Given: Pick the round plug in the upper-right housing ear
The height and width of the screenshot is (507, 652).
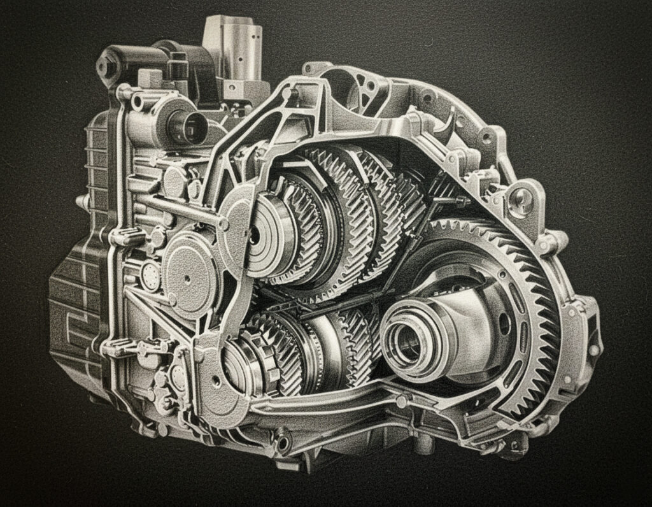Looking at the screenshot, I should (520, 199).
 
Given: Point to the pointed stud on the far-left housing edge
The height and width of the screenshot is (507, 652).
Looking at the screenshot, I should (81, 203).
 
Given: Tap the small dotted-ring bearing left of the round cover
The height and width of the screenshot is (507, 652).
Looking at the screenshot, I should (150, 276).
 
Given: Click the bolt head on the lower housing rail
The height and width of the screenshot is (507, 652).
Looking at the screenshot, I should (402, 401).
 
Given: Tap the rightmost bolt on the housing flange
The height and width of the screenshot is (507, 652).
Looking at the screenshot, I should (593, 350).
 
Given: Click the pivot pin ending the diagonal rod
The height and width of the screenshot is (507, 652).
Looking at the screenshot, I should (223, 224).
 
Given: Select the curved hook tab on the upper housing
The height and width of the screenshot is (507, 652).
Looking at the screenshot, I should (450, 120).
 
